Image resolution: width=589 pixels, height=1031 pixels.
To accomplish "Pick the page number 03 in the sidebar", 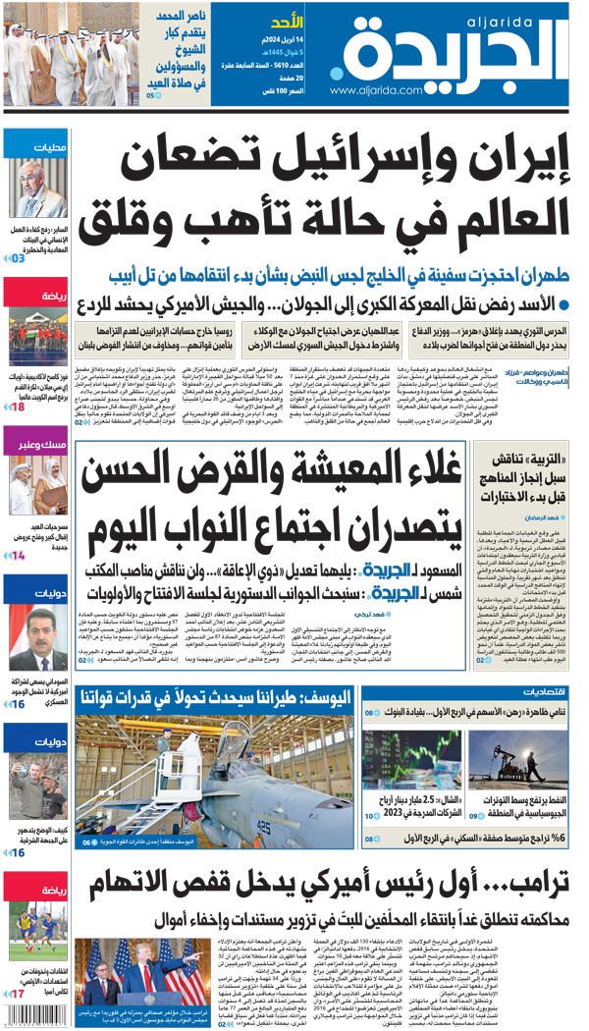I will [x=18, y=258].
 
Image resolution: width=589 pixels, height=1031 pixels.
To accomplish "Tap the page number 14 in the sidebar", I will [x=18, y=556].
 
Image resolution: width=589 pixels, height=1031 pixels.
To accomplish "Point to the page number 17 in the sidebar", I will [x=18, y=995].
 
